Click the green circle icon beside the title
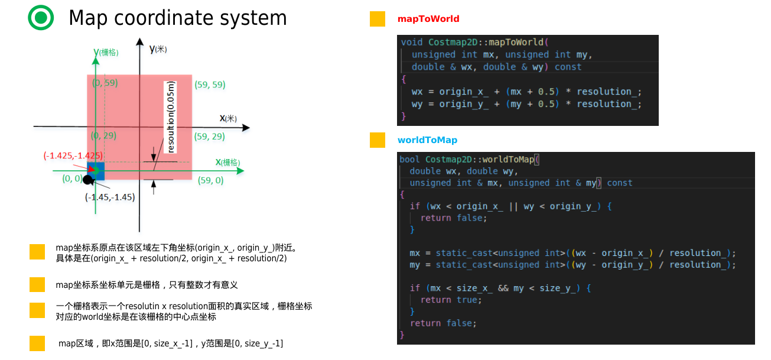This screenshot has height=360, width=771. [41, 18]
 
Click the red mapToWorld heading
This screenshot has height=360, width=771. [428, 19]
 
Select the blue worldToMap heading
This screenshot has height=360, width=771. [427, 140]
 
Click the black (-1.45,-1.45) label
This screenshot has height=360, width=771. [109, 197]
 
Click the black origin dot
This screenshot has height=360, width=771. [88, 179]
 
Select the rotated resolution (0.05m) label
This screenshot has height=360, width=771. [171, 117]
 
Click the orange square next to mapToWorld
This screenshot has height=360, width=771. [378, 19]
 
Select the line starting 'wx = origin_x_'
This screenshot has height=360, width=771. [526, 92]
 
